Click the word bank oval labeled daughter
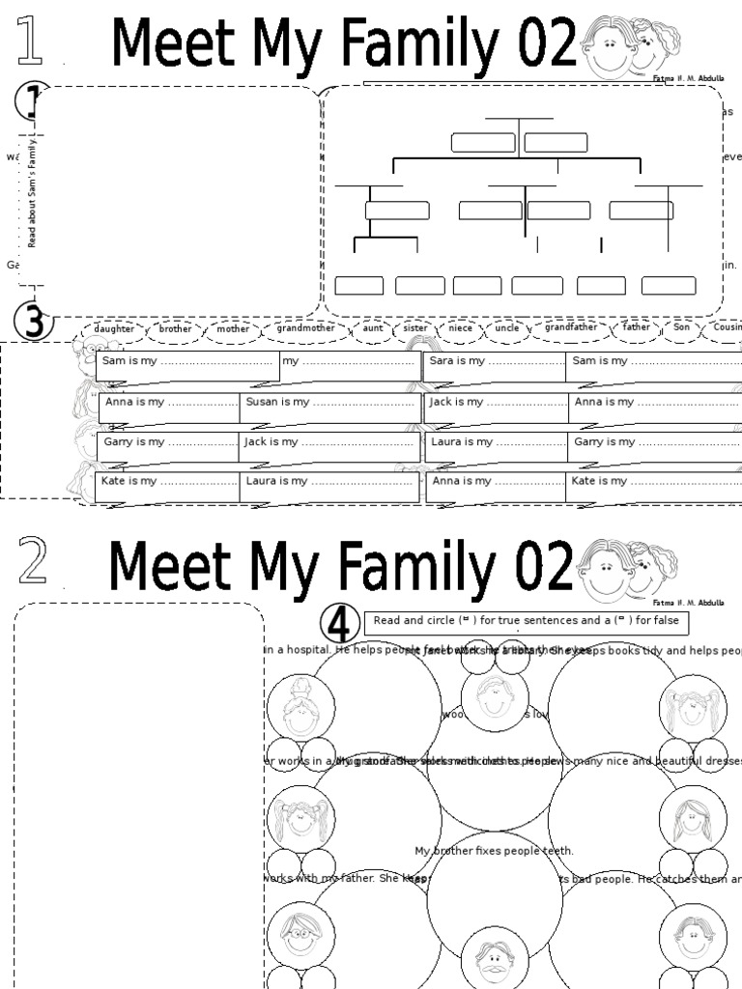click(x=114, y=328)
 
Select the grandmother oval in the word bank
click(x=305, y=328)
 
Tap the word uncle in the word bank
click(x=506, y=328)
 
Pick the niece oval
click(x=461, y=328)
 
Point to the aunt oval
click(x=373, y=328)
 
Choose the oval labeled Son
click(x=682, y=327)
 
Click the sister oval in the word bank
click(x=415, y=328)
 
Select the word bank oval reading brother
click(x=175, y=328)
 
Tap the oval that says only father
click(x=637, y=327)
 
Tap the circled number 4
click(x=338, y=626)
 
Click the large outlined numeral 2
click(x=32, y=562)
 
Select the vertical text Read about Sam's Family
click(x=32, y=192)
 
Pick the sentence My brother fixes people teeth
click(x=494, y=851)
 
